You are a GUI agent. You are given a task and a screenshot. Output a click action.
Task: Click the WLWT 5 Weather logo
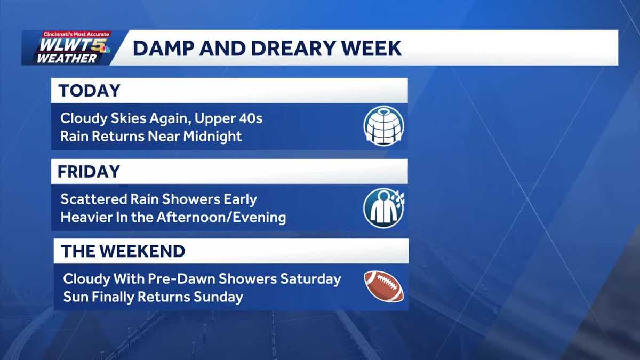tap(73, 47)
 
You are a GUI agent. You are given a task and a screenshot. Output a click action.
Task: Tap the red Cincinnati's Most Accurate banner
tap(76, 34)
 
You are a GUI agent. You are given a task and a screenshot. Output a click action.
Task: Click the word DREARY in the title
tap(293, 49)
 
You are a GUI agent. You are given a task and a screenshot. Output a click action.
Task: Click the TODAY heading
tap(89, 91)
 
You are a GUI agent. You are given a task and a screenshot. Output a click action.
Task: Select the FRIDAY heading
tap(89, 171)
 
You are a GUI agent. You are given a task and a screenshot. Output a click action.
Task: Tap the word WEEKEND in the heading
tap(142, 251)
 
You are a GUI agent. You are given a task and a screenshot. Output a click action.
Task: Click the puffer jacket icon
tap(383, 126)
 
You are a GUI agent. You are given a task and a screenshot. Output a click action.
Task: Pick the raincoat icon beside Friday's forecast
tap(383, 207)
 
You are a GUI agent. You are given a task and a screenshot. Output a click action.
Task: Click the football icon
tap(383, 286)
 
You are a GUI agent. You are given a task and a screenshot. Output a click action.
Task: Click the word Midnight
tap(213, 137)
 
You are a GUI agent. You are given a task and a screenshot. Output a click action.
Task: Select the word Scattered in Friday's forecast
tap(94, 199)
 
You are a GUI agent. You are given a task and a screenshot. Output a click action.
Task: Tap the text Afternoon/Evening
tap(221, 218)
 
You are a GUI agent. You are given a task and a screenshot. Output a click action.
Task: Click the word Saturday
tap(310, 279)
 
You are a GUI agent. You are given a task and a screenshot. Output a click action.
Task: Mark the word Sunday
tap(218, 297)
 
